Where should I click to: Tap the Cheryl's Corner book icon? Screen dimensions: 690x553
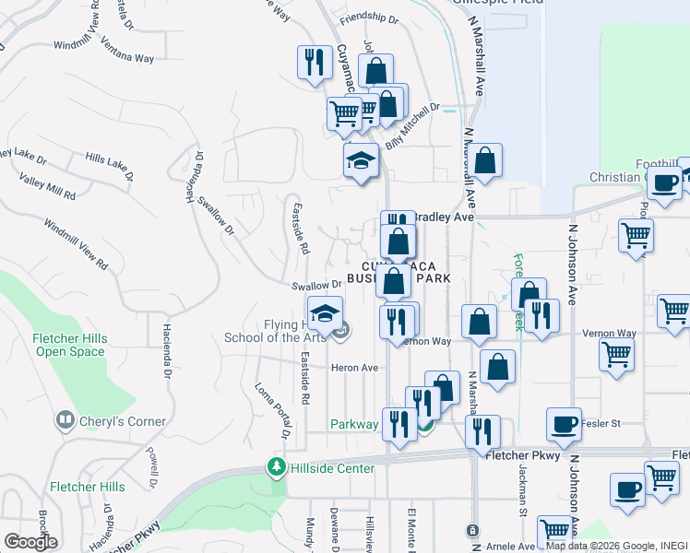click(x=65, y=421)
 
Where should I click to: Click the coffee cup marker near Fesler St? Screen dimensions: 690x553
click(x=564, y=425)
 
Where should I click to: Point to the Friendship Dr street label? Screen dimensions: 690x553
click(x=368, y=18)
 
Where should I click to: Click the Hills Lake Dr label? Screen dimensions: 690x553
click(x=109, y=166)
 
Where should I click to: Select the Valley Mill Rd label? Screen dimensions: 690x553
click(x=47, y=187)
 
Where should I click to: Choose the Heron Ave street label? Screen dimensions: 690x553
click(x=355, y=368)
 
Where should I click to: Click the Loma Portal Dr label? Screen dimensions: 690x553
click(x=273, y=408)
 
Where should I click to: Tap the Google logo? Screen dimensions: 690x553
click(x=30, y=541)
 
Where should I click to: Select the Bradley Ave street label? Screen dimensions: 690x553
click(x=441, y=218)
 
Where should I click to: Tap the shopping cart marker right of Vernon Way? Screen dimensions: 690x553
click(x=616, y=353)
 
